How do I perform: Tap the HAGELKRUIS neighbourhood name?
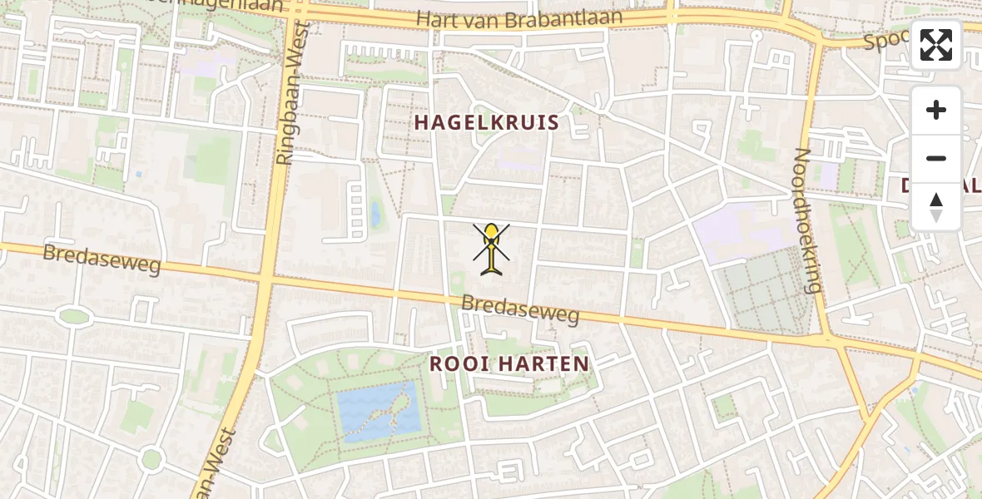[x=487, y=123]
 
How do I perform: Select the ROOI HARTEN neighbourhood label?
[x=509, y=363]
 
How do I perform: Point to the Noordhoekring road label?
[x=807, y=220]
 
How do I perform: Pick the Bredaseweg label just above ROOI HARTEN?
[x=520, y=310]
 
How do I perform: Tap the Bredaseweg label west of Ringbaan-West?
[x=101, y=259]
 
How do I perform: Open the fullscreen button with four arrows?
[x=936, y=45]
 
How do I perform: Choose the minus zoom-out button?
[x=936, y=158]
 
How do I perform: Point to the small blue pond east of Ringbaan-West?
[x=376, y=215]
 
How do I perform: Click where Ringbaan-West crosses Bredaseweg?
[x=265, y=280]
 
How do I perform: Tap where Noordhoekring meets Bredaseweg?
[x=829, y=339]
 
